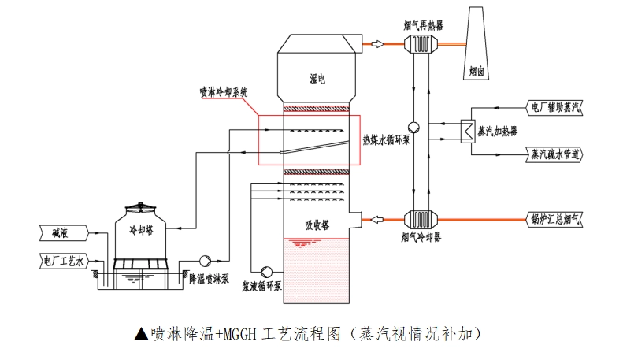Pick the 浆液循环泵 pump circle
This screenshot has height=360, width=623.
(265, 271)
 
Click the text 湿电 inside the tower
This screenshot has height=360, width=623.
(317, 79)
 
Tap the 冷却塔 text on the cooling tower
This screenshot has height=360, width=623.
(143, 229)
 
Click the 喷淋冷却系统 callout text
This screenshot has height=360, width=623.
(223, 92)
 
